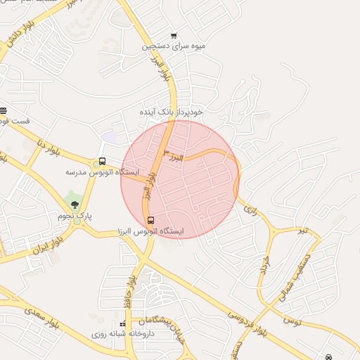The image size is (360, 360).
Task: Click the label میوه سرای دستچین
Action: coord(174,46)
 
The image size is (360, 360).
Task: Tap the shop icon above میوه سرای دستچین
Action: coord(174,35)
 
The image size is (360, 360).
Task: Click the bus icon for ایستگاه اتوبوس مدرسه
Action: coord(103,161)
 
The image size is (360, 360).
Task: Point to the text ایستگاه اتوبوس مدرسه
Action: coord(103,172)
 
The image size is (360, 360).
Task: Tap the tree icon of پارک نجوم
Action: coord(75,205)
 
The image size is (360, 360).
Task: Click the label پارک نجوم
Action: coord(75,216)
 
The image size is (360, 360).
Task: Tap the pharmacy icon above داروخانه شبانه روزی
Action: coord(124,324)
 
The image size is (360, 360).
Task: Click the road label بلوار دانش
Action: coord(17,42)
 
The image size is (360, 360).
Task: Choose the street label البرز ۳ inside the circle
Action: coord(173,156)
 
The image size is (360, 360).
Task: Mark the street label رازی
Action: coord(249,205)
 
